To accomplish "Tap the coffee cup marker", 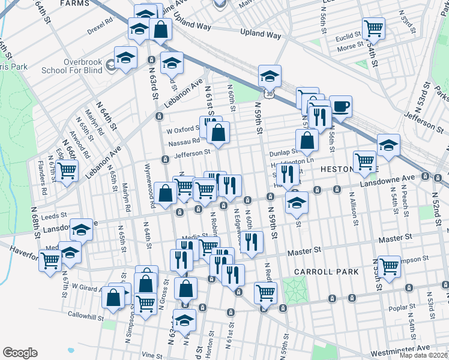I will click(340, 107).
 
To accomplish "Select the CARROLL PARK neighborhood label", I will click(326, 272).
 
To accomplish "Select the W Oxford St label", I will click(182, 129).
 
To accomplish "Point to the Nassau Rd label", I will click(184, 143).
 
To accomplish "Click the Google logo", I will click(20, 353).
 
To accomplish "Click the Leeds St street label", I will click(53, 214).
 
